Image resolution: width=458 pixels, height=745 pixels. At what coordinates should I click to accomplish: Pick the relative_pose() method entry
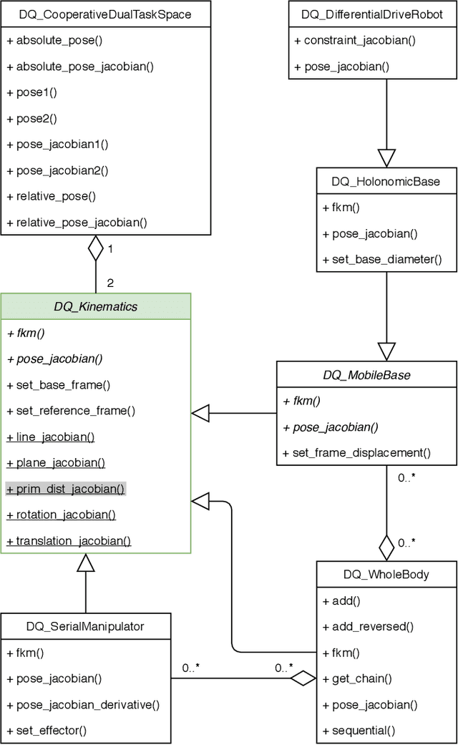[51, 196]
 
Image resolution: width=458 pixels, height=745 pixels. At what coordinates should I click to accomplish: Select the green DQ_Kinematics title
[96, 306]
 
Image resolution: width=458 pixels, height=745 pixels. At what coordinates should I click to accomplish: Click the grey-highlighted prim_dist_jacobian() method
[66, 490]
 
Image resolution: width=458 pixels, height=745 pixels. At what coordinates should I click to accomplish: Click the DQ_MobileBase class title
[366, 374]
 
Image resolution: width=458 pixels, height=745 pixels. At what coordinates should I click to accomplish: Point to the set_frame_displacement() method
[356, 452]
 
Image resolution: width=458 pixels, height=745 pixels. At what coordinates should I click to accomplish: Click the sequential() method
[361, 731]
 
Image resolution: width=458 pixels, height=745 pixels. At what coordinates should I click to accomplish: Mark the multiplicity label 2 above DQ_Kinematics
[109, 283]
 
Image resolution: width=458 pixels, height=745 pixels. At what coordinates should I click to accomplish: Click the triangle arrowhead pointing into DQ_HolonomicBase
[386, 157]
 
